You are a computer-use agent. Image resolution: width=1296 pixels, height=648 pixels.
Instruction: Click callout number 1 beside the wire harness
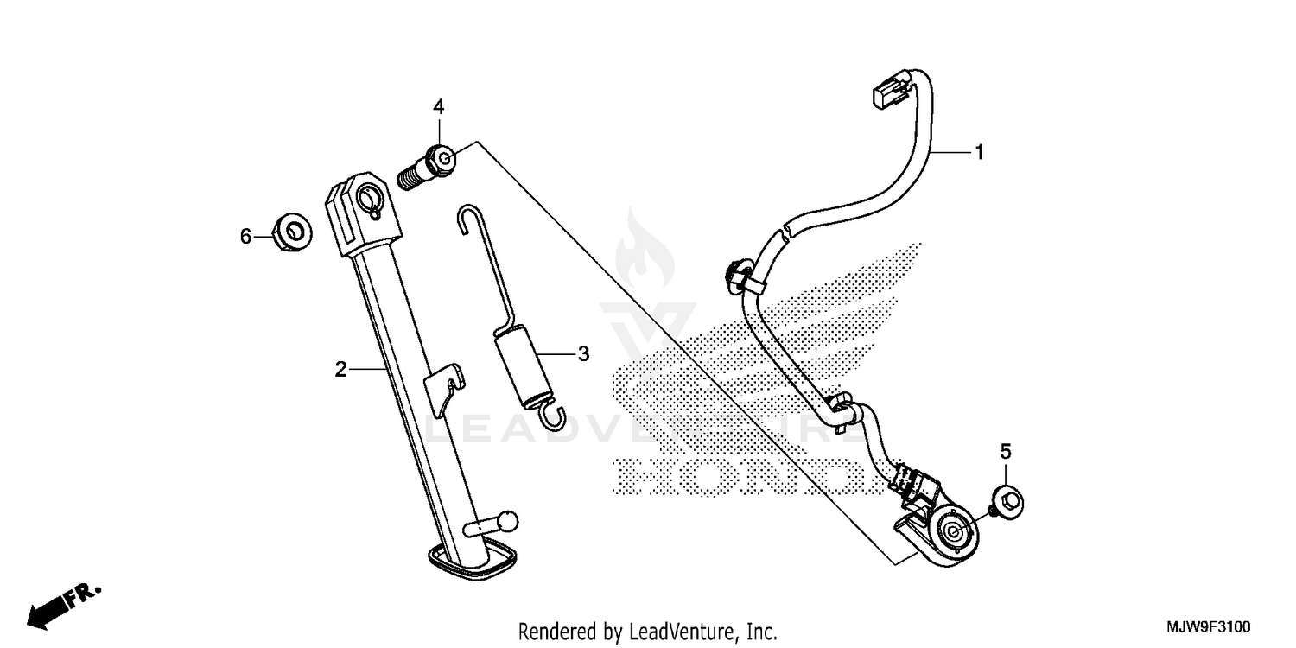click(x=979, y=152)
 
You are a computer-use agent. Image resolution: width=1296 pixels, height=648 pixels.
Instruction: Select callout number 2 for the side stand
click(x=340, y=370)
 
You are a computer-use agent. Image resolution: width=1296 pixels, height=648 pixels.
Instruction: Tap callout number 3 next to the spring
click(x=583, y=353)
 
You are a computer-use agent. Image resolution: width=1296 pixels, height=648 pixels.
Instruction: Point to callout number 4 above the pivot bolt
click(x=439, y=106)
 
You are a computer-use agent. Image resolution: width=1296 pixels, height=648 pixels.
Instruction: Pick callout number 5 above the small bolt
click(x=1006, y=450)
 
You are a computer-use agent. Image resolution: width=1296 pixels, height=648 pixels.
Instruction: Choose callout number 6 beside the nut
click(x=246, y=235)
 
